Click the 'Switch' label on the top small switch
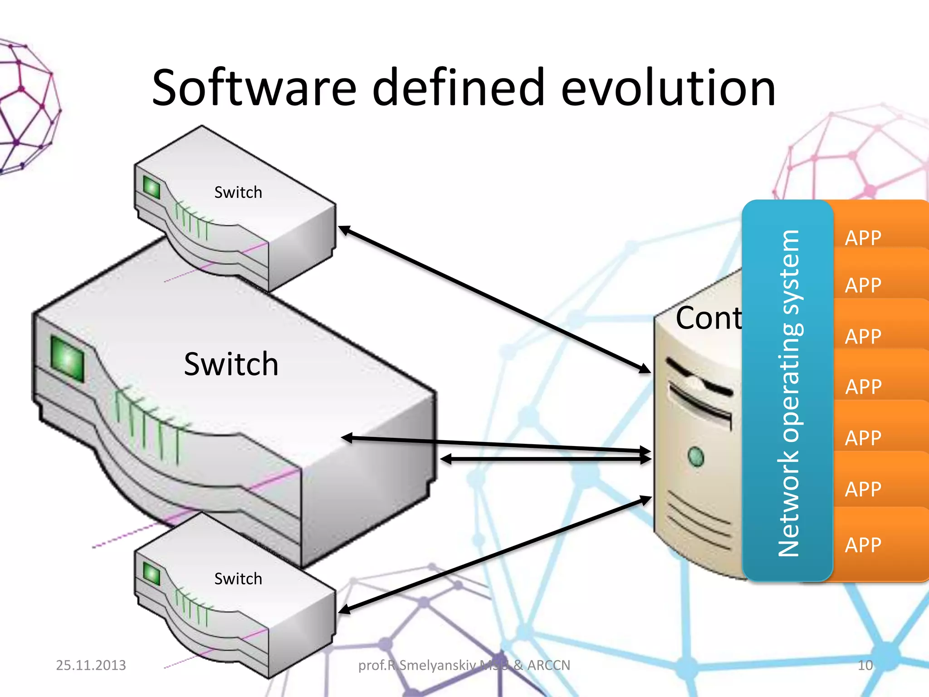click(x=238, y=192)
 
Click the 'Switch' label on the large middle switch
click(x=231, y=364)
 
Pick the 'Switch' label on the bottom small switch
click(x=238, y=579)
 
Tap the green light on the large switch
click(x=67, y=358)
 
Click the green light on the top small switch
click(x=152, y=187)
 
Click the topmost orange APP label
click(x=863, y=238)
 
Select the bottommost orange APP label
click(x=863, y=545)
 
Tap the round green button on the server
click(x=695, y=456)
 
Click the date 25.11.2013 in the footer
click(x=91, y=665)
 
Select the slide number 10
click(x=865, y=665)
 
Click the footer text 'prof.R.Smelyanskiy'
click(x=417, y=665)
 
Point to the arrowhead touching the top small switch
click(x=345, y=230)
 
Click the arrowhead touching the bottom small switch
click(x=345, y=609)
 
